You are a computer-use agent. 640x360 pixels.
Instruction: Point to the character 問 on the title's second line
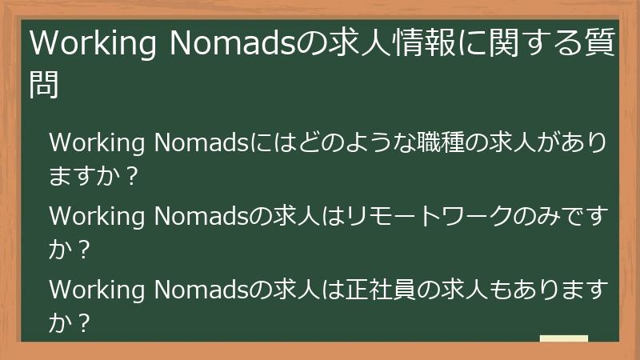(45, 84)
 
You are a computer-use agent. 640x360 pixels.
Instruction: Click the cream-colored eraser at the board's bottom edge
(564, 338)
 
